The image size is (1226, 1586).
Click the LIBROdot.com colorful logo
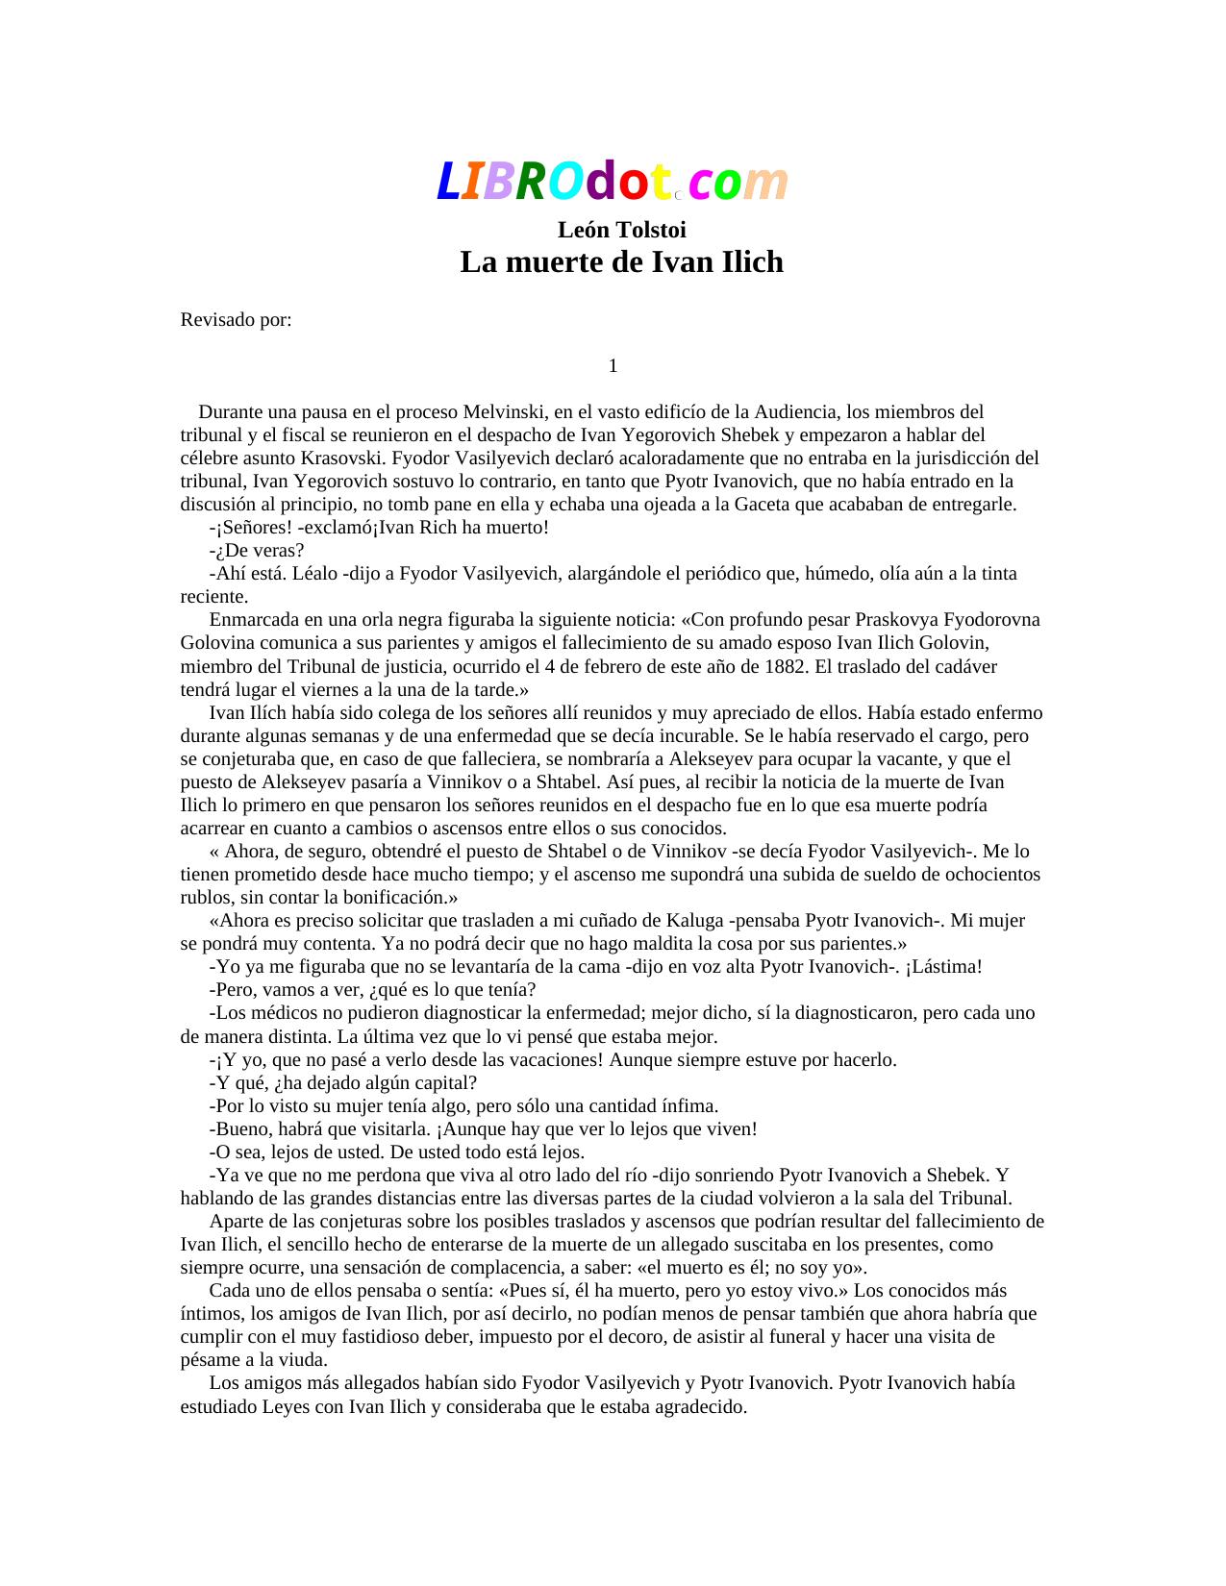point(613,182)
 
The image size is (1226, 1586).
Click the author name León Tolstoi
point(621,231)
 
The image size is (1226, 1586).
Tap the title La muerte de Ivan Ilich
point(621,261)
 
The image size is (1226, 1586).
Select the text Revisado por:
point(236,320)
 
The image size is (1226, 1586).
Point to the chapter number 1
point(613,366)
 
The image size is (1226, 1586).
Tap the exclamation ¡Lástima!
point(943,967)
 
